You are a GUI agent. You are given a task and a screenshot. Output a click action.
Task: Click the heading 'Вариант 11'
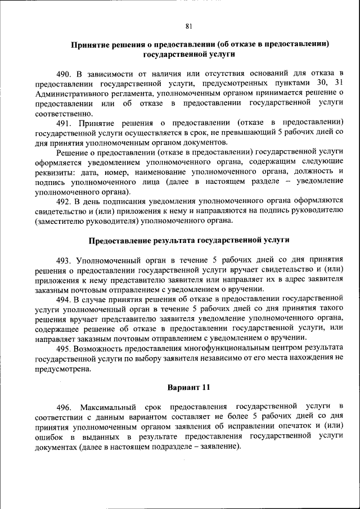[189, 388]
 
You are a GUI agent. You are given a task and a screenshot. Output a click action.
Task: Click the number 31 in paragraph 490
[338, 83]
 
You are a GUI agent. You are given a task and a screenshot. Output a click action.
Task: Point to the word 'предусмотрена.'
[62, 369]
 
